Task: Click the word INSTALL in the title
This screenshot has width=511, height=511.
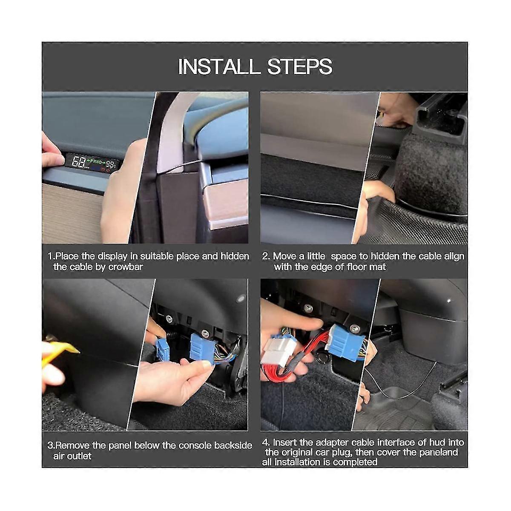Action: (x=218, y=66)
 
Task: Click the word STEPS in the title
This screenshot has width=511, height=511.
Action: (x=300, y=66)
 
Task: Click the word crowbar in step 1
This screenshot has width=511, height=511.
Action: (x=126, y=267)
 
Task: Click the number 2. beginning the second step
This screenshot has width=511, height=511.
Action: (x=266, y=256)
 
